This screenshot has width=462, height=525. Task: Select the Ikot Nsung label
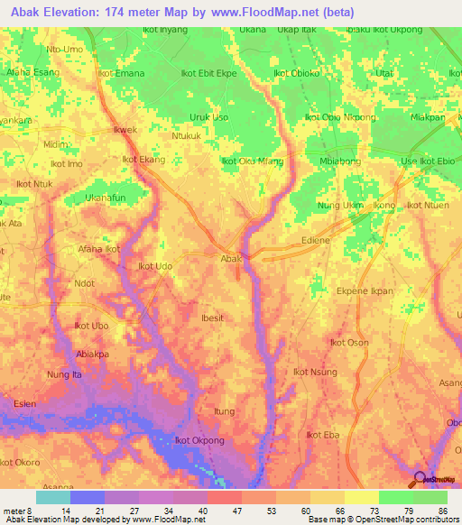coord(315,372)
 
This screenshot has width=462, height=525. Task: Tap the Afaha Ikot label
coord(99,248)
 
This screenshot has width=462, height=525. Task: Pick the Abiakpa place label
coord(95,354)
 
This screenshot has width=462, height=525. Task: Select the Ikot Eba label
coord(322,435)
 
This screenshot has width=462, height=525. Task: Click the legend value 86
coord(441,510)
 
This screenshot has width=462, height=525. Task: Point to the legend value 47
coord(226,510)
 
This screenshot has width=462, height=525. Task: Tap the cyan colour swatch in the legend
coord(53,497)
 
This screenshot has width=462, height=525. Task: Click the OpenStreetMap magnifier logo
coord(420,478)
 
